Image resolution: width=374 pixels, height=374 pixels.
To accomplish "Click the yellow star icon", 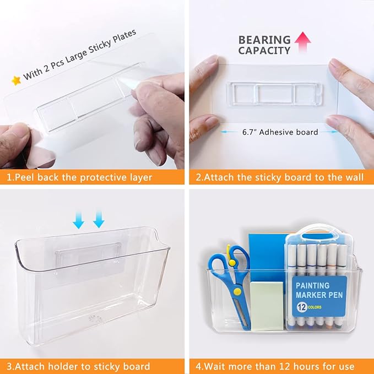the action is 16,80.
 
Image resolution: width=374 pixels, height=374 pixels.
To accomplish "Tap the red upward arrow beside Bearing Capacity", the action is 303,42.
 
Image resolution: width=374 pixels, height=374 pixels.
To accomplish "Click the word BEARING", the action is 264,40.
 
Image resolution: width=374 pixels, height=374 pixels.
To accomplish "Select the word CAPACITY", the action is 264,51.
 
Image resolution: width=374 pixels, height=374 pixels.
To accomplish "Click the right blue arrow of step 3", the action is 99,220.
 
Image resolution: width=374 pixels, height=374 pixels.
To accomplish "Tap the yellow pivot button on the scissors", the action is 237,291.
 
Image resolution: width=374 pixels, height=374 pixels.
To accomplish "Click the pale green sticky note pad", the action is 267,306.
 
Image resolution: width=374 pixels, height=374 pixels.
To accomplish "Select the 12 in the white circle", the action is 302,307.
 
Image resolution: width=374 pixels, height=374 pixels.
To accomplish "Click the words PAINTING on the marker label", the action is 312,285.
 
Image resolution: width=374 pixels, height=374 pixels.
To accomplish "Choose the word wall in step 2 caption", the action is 354,177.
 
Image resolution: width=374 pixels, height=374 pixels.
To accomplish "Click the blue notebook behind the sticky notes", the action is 267,258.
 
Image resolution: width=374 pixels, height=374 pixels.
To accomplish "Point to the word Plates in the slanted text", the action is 124,36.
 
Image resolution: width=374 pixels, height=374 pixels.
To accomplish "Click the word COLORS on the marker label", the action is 315,307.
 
